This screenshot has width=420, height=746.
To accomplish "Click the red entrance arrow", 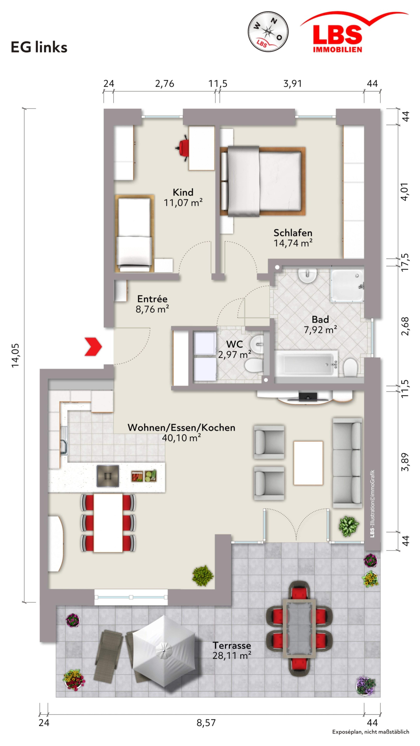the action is (93, 346).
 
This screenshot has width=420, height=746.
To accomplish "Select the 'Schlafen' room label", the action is (293, 233).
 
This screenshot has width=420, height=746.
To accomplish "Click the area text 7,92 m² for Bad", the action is (320, 330).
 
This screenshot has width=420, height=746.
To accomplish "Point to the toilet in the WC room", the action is (254, 366).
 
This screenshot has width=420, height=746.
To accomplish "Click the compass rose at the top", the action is (268, 31).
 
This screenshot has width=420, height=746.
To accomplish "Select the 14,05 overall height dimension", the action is (15, 355).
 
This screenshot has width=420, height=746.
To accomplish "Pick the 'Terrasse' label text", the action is (232, 645).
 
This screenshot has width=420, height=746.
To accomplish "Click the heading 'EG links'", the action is (39, 47).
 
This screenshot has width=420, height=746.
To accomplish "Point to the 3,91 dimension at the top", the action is (293, 84).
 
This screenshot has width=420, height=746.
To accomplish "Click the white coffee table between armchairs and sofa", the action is (308, 463).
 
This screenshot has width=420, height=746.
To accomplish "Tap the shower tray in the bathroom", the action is (347, 286).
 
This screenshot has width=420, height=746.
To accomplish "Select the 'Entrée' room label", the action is (152, 299).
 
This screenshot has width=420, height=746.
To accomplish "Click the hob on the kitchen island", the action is (108, 476).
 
